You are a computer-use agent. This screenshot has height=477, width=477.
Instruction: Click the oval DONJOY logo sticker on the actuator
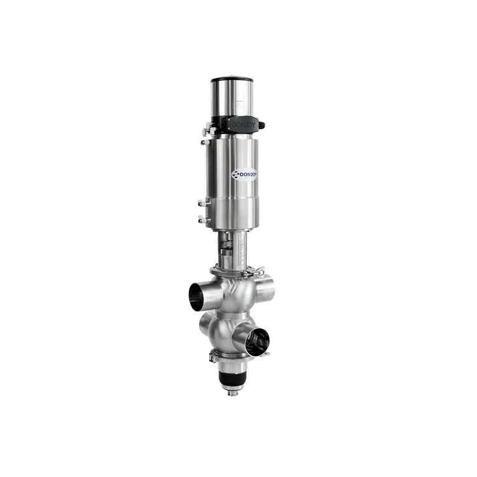tap(244, 174)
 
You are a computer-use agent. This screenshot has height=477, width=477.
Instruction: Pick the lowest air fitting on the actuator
tap(202, 219)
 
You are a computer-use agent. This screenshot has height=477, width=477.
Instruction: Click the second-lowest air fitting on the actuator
tap(202, 204)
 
